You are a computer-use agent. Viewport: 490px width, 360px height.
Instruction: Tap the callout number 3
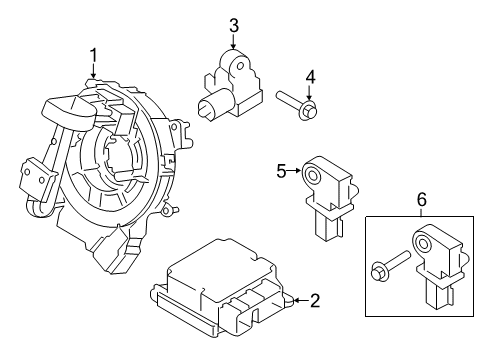(233, 25)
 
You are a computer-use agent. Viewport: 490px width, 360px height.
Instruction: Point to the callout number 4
(310, 76)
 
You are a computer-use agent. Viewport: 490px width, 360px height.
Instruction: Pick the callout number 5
(281, 171)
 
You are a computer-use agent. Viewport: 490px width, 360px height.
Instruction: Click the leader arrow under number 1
(93, 72)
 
